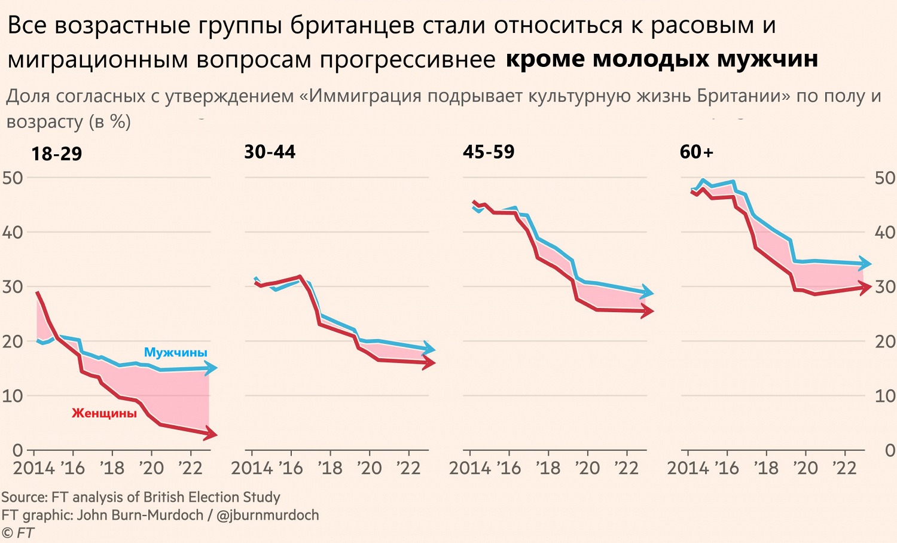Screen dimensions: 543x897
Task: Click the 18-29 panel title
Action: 56,154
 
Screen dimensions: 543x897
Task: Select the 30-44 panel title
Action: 270,152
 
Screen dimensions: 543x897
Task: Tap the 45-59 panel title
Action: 489,152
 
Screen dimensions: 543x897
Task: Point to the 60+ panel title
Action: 697,152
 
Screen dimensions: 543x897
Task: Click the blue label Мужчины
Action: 176,352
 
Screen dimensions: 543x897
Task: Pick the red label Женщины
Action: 105,413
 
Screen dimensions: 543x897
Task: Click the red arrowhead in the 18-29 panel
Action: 210,434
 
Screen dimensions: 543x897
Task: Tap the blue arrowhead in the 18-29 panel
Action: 210,368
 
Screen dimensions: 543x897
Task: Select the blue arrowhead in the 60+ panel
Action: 865,263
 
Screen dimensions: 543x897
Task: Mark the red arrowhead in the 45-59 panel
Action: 647,311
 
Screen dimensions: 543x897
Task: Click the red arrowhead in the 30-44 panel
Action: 429,362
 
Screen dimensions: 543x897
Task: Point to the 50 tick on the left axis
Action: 13,178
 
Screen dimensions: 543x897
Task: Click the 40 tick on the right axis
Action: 884,232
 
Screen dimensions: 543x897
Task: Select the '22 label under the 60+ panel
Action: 844,468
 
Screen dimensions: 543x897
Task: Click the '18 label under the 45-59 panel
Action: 548,468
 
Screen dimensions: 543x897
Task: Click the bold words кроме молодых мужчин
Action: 661,59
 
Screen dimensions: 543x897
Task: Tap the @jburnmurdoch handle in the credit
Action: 267,515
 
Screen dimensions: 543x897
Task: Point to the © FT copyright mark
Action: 18,532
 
